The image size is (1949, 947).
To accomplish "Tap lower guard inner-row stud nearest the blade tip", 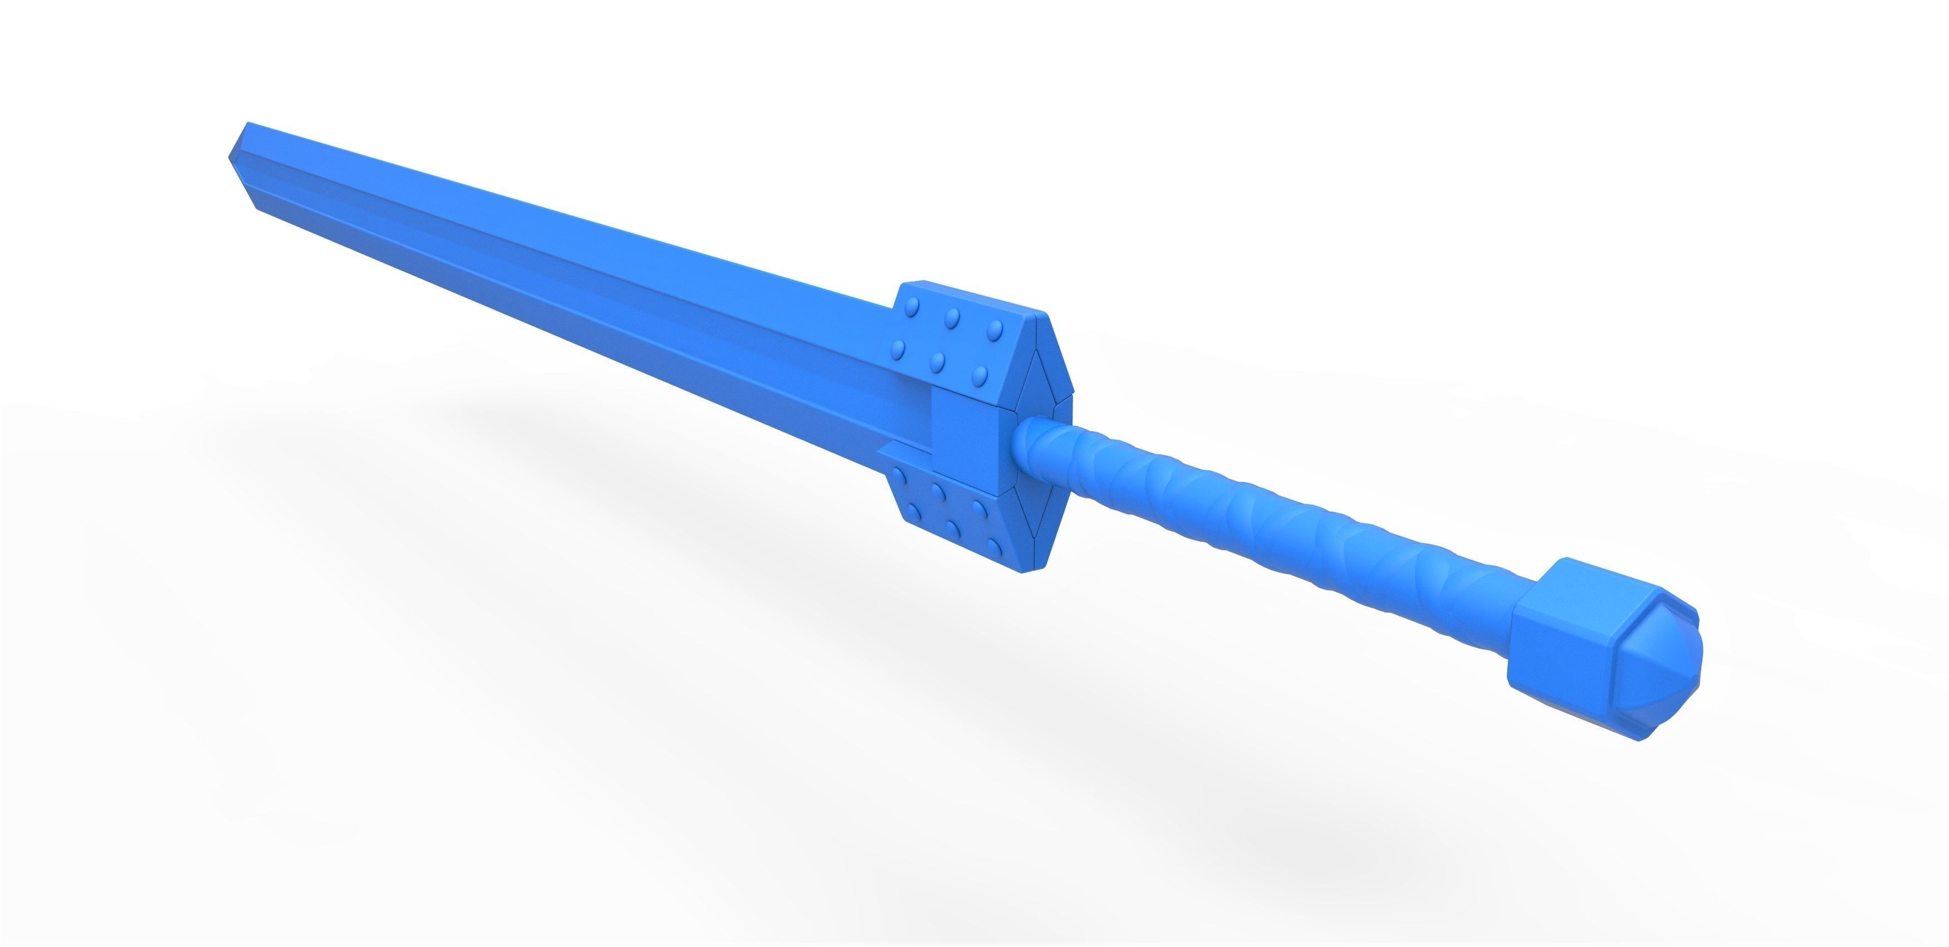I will [x=899, y=479].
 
